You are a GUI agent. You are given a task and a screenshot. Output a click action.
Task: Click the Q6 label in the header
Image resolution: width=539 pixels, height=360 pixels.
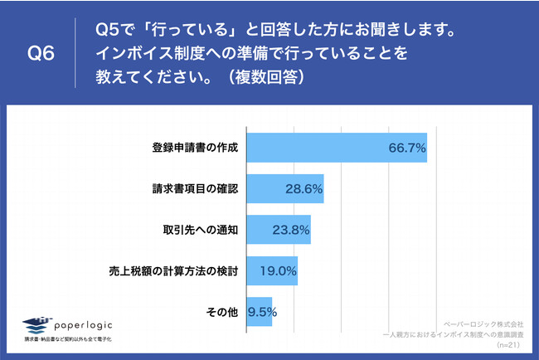point(41,55)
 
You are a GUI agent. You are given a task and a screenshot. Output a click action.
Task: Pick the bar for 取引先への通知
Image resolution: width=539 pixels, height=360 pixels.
point(278,230)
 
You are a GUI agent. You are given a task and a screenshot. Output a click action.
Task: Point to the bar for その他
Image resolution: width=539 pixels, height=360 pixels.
point(260,312)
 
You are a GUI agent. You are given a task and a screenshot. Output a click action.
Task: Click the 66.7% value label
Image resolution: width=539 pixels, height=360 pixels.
point(406,148)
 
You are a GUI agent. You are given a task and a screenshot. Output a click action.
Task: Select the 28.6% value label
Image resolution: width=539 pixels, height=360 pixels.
point(303,190)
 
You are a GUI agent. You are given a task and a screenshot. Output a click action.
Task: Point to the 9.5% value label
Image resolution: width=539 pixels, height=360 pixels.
point(262,313)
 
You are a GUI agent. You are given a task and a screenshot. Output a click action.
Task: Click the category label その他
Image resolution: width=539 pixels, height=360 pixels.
point(221,313)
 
